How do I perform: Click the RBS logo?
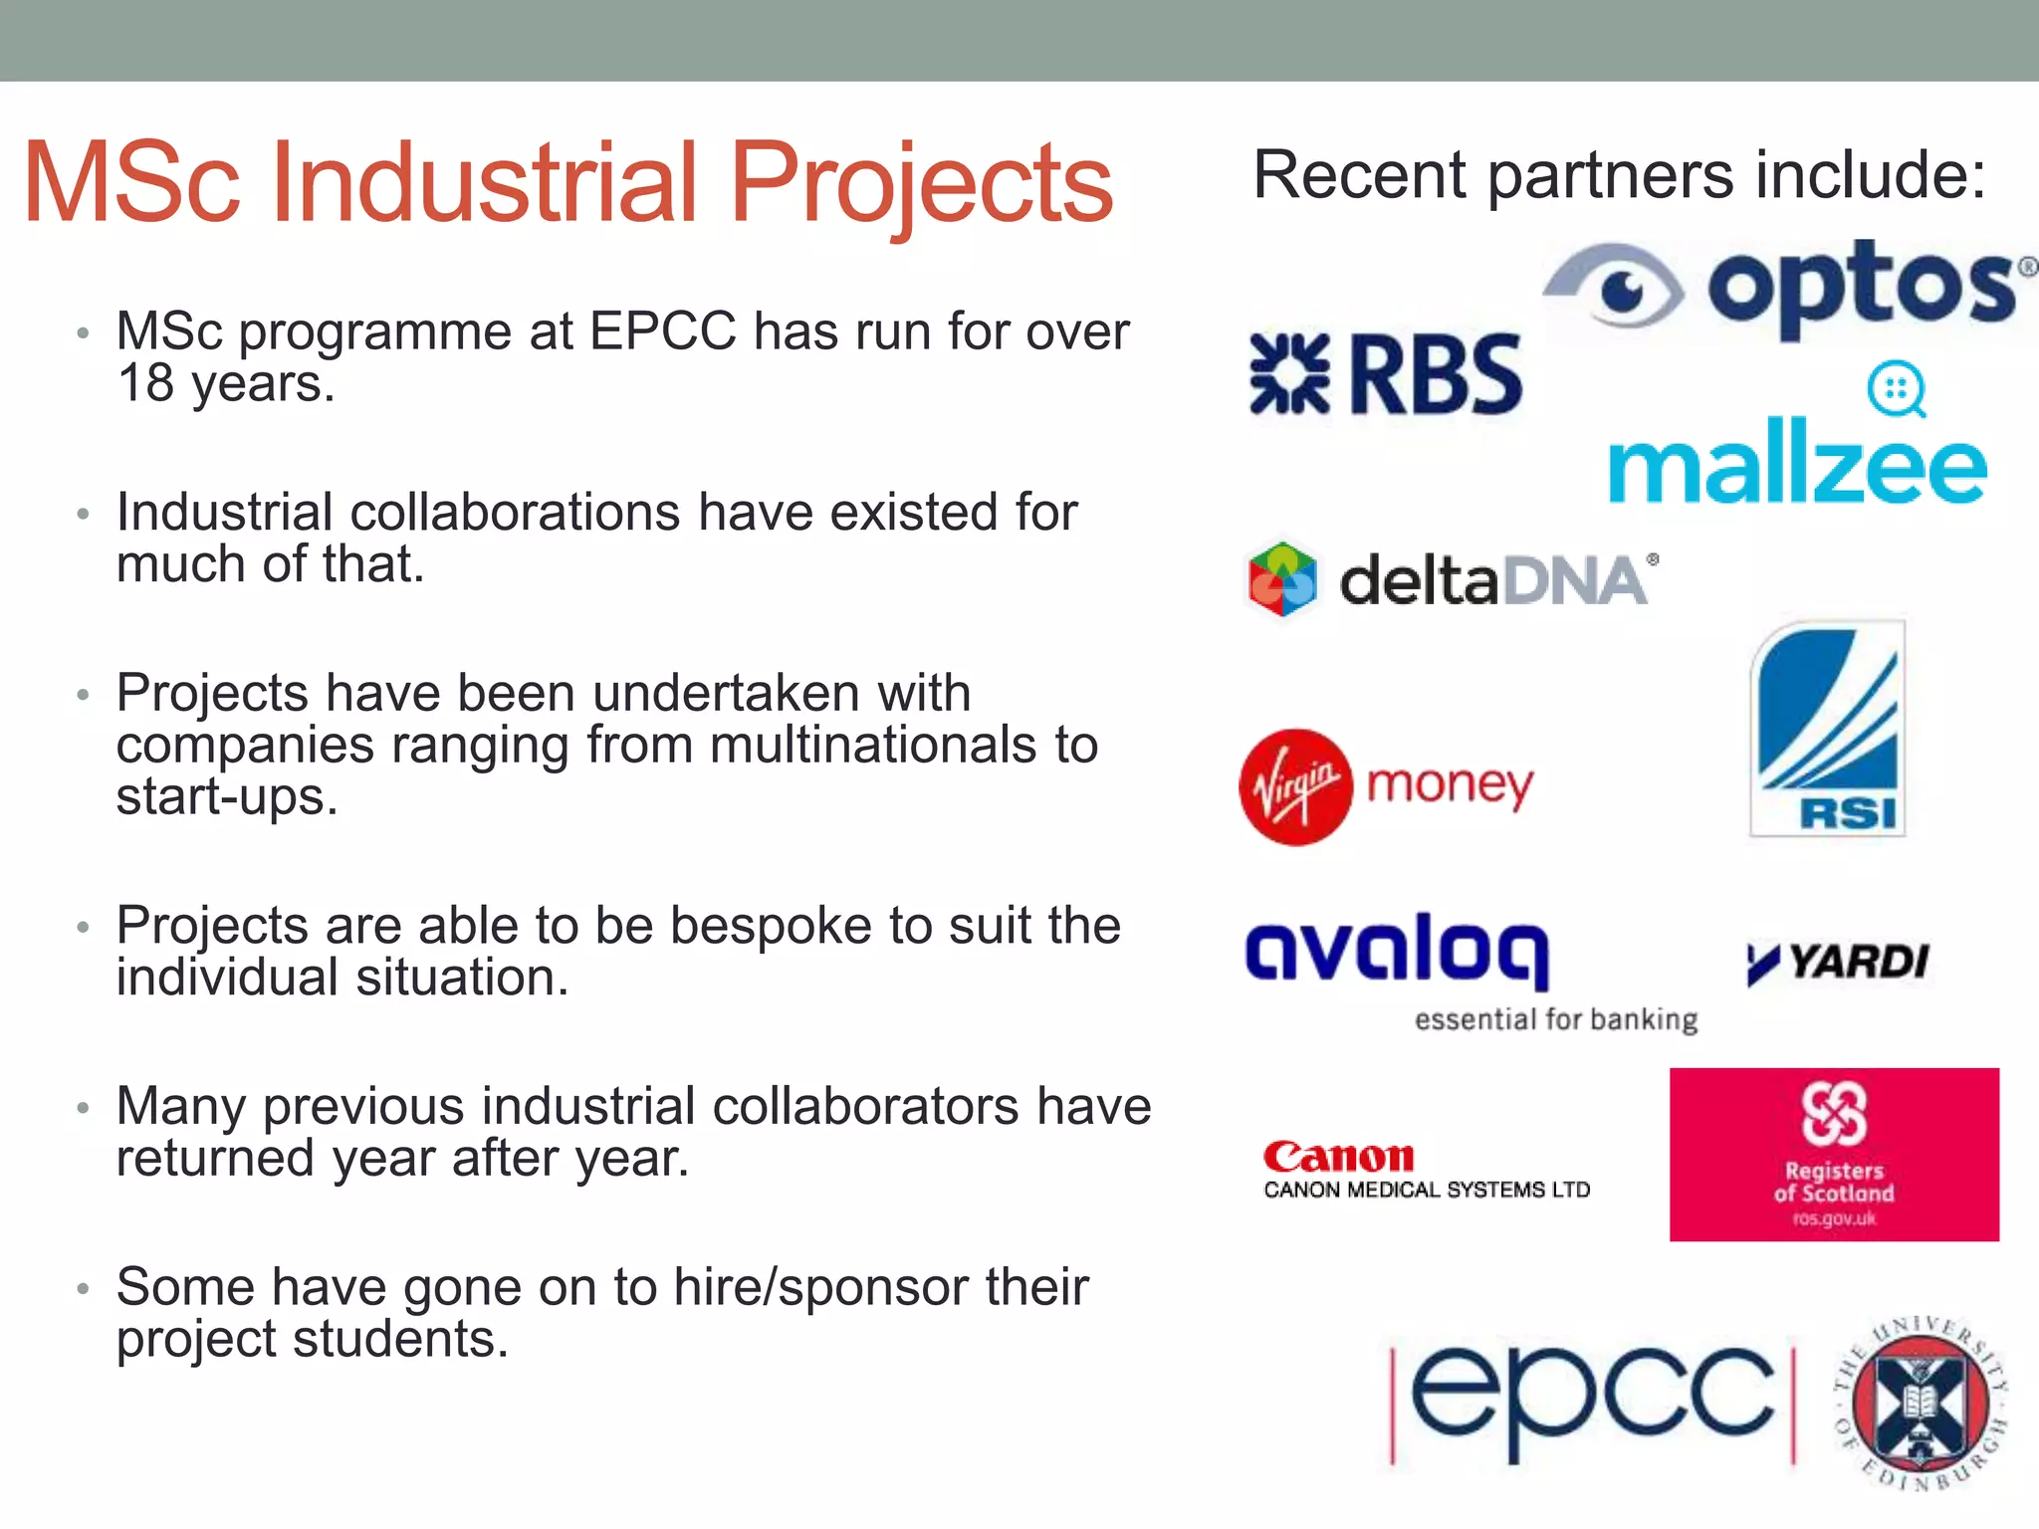click(1386, 374)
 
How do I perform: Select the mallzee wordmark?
click(1797, 463)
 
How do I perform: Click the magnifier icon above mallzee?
click(1896, 389)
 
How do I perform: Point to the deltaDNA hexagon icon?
click(1282, 579)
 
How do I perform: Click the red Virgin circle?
click(1295, 786)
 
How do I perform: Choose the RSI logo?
click(1828, 729)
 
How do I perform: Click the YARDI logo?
click(1838, 962)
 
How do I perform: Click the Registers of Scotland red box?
click(1834, 1154)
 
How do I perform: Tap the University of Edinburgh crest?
click(1920, 1404)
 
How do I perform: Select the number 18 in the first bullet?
click(145, 383)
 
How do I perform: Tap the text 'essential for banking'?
click(1556, 1019)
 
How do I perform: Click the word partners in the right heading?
click(1611, 176)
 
